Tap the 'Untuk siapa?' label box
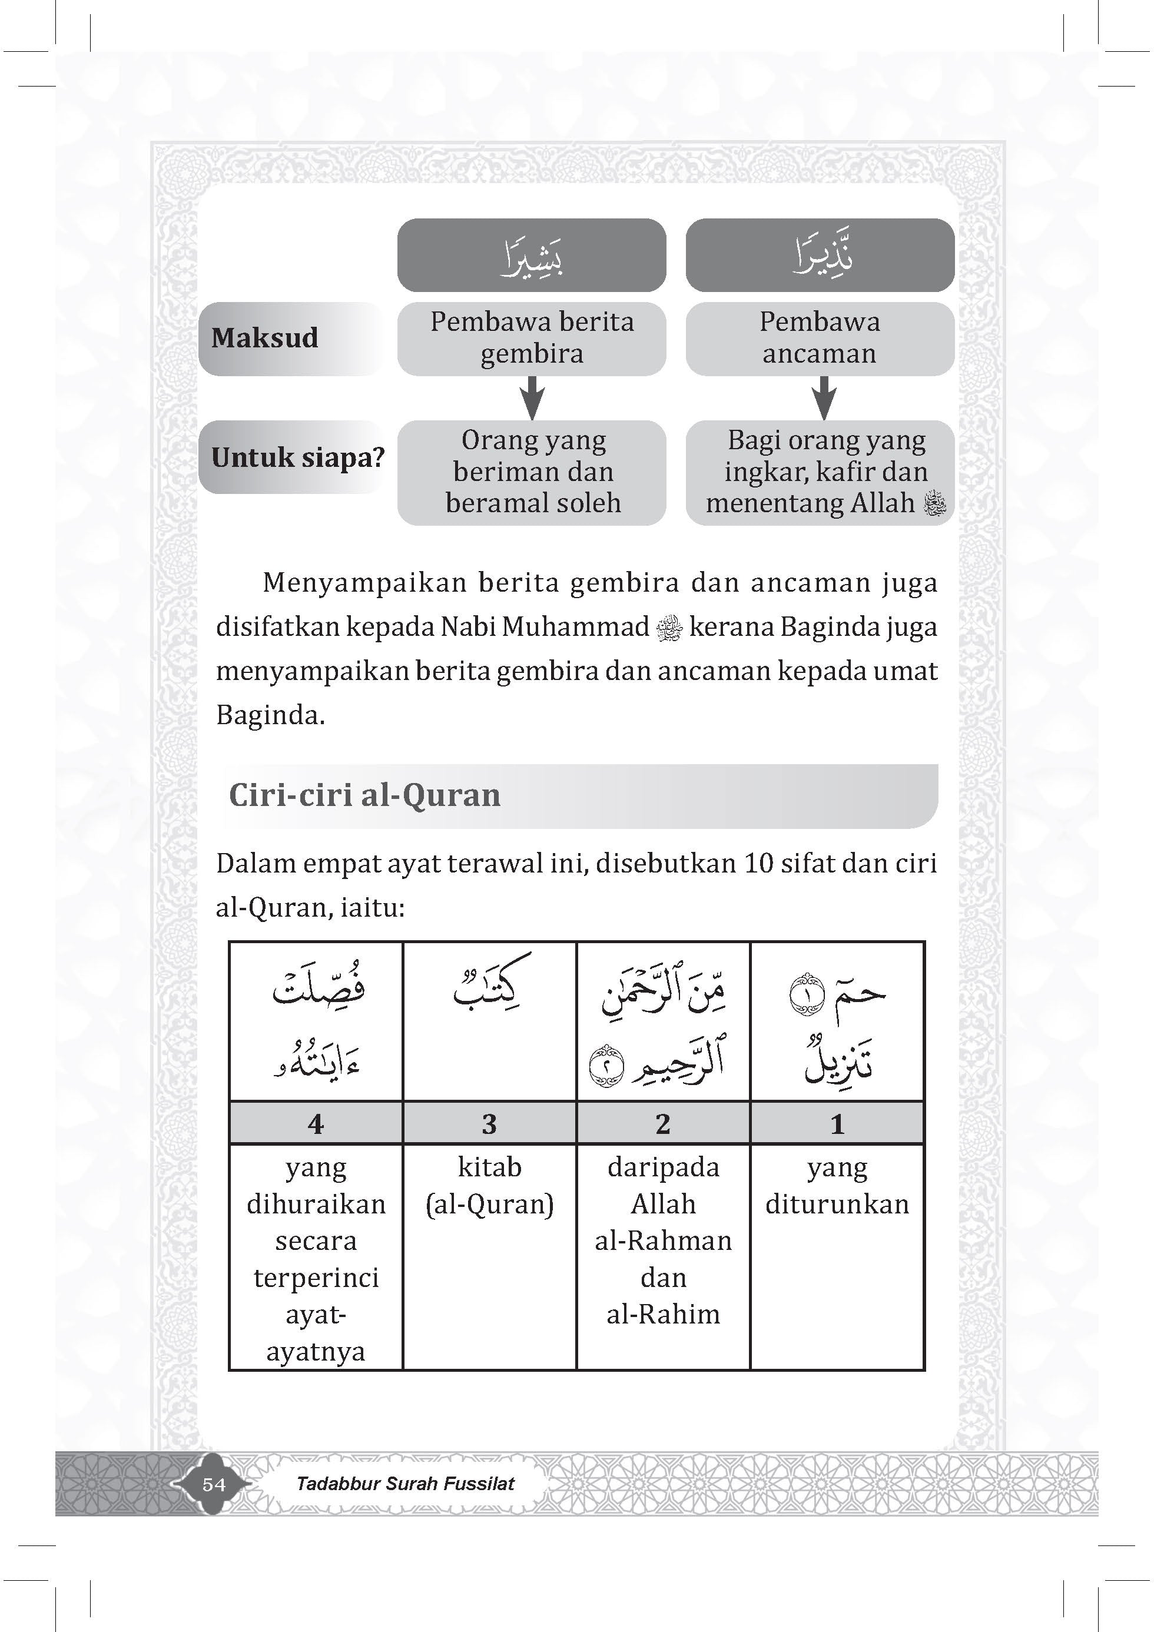(297, 457)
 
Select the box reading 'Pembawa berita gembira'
(532, 339)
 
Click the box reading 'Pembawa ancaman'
(819, 339)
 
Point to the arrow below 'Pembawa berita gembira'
(532, 398)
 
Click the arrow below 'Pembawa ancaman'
(823, 398)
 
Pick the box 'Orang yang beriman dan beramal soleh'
(532, 472)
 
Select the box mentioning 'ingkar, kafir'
(819, 472)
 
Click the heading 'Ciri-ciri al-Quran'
(365, 795)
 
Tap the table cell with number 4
(316, 1124)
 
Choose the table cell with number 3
(489, 1124)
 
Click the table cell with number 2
(663, 1124)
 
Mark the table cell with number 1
(837, 1124)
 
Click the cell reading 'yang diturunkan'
(837, 1186)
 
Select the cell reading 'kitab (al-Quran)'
(489, 1186)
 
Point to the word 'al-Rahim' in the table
(663, 1314)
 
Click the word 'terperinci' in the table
(316, 1278)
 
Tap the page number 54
(214, 1484)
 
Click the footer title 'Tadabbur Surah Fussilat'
(405, 1484)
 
